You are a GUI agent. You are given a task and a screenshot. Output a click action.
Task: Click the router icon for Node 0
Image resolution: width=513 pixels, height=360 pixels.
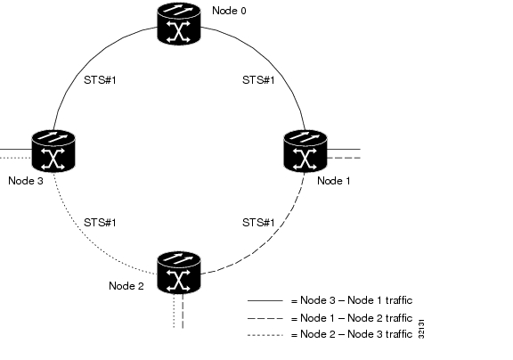click(179, 23)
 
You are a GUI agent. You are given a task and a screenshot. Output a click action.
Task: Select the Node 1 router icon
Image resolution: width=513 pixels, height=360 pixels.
click(305, 151)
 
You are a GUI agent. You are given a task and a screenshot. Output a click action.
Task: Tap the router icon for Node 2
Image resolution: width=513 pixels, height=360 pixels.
click(179, 273)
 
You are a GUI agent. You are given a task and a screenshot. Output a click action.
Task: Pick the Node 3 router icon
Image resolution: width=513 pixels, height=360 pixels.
click(53, 151)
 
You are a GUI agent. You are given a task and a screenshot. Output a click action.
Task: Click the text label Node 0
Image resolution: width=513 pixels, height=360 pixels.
click(229, 11)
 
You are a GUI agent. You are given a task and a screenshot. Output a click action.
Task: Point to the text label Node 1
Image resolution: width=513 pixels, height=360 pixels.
click(334, 181)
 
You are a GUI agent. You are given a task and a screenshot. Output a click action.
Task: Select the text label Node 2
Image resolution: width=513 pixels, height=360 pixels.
click(126, 286)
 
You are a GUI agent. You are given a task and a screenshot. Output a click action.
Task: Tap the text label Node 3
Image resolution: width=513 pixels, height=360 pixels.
click(26, 181)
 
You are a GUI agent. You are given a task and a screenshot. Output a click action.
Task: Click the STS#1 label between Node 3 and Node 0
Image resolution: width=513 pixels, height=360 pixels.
click(100, 80)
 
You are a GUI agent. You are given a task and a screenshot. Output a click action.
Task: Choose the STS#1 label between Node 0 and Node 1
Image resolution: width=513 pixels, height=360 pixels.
click(258, 80)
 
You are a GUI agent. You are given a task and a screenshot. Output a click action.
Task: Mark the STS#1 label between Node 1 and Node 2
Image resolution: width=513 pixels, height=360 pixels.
click(258, 223)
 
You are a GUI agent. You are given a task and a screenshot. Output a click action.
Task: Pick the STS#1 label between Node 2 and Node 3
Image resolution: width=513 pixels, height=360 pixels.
click(100, 223)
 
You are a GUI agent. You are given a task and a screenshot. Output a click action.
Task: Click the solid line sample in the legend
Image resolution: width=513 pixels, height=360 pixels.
click(265, 300)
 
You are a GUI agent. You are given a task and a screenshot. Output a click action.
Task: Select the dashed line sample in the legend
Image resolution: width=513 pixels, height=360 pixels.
click(265, 318)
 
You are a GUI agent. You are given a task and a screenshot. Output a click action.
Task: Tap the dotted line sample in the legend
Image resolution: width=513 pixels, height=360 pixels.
click(265, 335)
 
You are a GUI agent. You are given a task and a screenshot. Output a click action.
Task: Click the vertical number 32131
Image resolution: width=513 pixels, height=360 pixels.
click(421, 329)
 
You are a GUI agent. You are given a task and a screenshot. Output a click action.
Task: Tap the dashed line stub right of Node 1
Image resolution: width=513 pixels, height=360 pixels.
click(344, 158)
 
